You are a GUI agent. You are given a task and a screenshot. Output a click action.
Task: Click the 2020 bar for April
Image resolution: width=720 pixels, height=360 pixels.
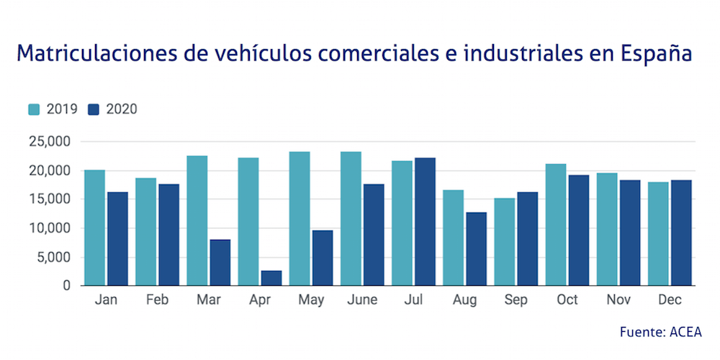(x=271, y=278)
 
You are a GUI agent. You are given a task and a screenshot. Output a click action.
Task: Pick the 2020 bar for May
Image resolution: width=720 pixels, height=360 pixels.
(x=322, y=258)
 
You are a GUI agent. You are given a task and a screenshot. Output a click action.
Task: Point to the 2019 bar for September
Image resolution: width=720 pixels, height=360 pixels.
(x=504, y=242)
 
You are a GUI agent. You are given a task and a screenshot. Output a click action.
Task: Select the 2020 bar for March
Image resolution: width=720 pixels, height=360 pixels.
(x=220, y=263)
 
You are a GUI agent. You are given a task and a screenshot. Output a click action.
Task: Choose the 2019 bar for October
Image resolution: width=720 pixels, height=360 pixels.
(x=555, y=225)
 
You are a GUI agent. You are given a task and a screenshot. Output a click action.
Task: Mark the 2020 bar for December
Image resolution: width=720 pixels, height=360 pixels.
(x=680, y=233)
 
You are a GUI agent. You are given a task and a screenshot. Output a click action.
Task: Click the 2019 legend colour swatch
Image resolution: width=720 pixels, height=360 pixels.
(x=34, y=109)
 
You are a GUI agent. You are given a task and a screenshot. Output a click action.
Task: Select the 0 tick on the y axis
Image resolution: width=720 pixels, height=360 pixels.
(x=67, y=286)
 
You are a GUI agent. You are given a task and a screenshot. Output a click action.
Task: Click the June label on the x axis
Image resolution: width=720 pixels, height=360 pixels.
(x=361, y=300)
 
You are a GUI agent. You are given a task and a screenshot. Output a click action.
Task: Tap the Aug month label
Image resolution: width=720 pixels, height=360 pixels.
(x=464, y=300)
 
